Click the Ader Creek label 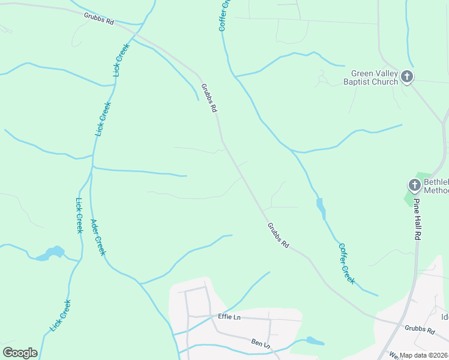(98, 238)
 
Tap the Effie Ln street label (229, 316)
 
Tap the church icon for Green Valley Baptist (407, 76)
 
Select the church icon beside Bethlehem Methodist (414, 185)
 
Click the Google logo (20, 353)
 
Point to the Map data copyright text (424, 355)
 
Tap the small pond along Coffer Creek (321, 208)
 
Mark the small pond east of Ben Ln (315, 341)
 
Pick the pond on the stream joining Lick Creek (50, 253)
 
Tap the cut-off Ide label (445, 317)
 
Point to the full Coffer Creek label (348, 263)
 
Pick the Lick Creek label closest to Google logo (61, 315)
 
